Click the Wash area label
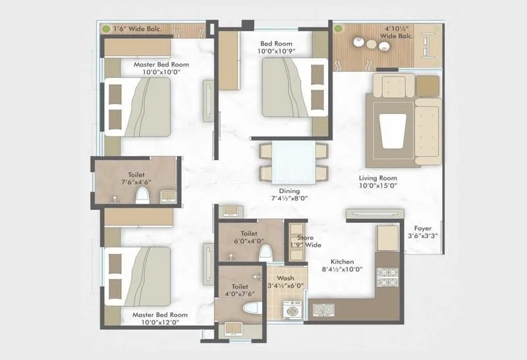285,278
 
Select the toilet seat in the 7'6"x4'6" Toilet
142,195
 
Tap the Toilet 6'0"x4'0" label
248,237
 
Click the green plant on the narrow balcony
105,29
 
